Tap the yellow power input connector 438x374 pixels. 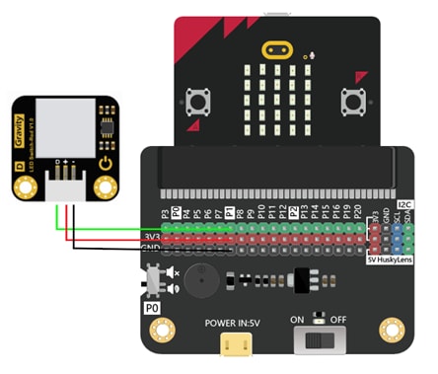point(234,341)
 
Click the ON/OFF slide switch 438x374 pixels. point(319,340)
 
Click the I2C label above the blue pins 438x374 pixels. point(402,205)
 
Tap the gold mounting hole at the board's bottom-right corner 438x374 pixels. point(393,330)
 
